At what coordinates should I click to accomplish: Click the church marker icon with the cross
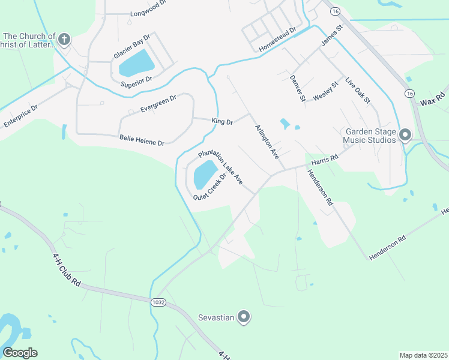pyautogui.click(x=64, y=40)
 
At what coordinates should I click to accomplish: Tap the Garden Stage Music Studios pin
pyautogui.click(x=405, y=135)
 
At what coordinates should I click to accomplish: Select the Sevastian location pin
pyautogui.click(x=244, y=316)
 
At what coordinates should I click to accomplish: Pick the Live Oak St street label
pyautogui.click(x=358, y=91)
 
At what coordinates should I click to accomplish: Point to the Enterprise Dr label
pyautogui.click(x=20, y=116)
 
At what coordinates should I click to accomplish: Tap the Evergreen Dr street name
pyautogui.click(x=158, y=104)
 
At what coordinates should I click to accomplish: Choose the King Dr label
pyautogui.click(x=221, y=121)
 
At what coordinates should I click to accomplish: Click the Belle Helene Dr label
pyautogui.click(x=142, y=140)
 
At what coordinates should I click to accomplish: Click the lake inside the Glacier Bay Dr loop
pyautogui.click(x=136, y=62)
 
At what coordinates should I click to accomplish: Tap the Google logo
pyautogui.click(x=20, y=352)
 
